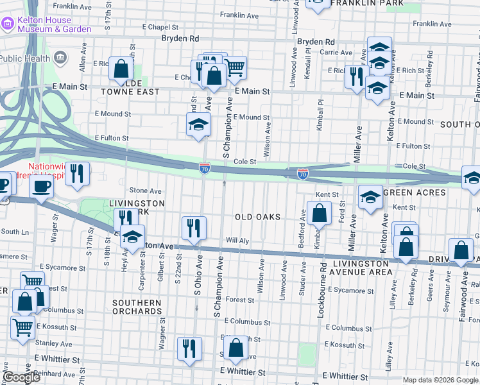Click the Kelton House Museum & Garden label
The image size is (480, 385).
[x=54, y=24]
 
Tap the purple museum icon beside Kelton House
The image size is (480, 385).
[x=8, y=24]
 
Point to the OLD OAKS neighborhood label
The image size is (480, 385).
[x=257, y=217]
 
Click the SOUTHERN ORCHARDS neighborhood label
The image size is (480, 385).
[x=137, y=307]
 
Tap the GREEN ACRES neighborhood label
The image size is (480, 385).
[x=414, y=193]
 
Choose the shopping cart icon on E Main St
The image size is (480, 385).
[x=235, y=67]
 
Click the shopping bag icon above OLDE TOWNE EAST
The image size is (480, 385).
[x=121, y=69]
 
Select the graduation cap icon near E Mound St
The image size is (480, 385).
[x=199, y=125]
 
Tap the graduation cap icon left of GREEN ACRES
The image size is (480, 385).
[x=370, y=198]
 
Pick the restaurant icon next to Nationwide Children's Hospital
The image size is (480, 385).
[x=77, y=174]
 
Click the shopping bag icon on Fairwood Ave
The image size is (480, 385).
[x=461, y=251]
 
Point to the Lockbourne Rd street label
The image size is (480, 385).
[x=323, y=271]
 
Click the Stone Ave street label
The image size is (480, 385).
[x=146, y=191]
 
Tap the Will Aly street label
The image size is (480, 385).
[x=237, y=241]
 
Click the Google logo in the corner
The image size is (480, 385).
[x=22, y=377]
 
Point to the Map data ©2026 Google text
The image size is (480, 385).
[x=440, y=380]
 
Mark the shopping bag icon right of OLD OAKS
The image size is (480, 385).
[x=319, y=212]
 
